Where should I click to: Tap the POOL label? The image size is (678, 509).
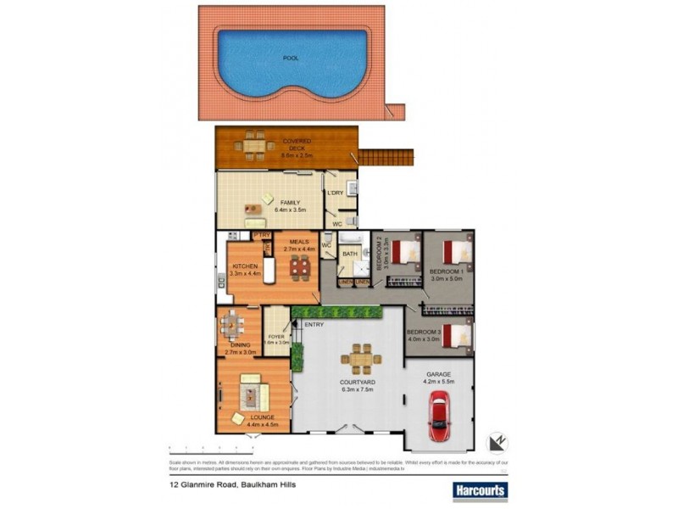pos(290,59)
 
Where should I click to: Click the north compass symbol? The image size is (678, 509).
pos(497,442)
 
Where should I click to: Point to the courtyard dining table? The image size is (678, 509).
pos(362,359)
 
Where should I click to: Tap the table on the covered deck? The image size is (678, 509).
pos(255,145)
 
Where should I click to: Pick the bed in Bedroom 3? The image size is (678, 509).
pos(457,335)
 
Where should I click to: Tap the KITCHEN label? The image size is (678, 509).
pos(245,267)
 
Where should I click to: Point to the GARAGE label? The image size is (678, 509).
pos(438,374)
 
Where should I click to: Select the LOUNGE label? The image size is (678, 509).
pos(252,418)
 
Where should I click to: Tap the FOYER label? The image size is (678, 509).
pos(276,337)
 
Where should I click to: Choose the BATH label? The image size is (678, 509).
pos(350,254)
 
